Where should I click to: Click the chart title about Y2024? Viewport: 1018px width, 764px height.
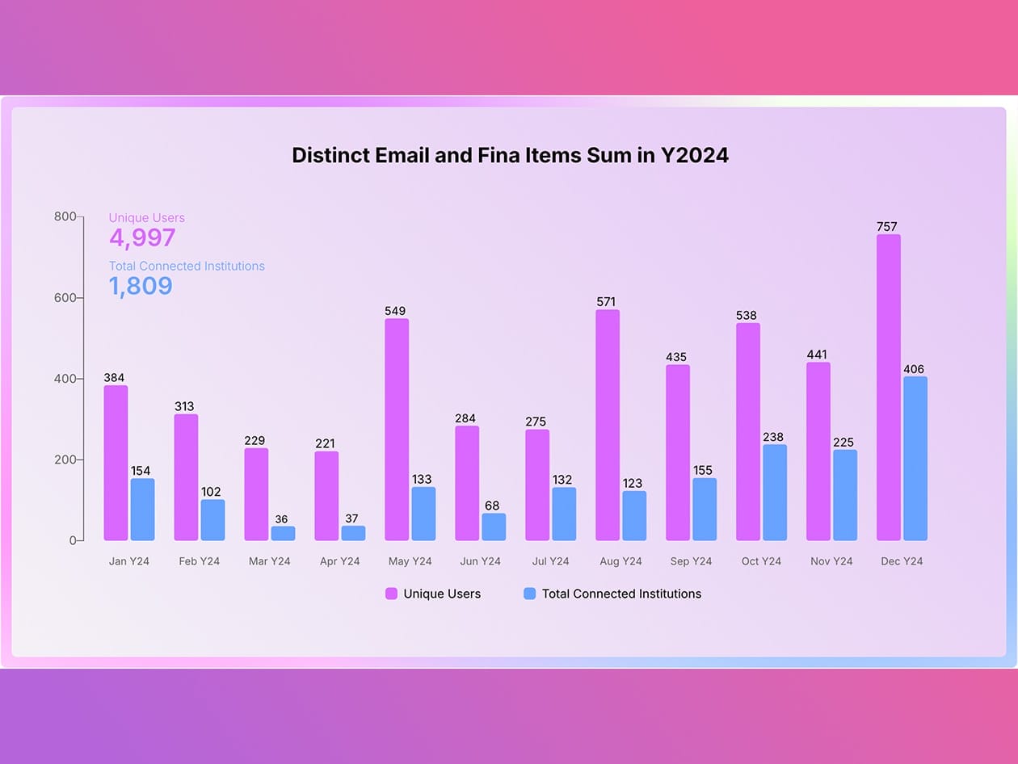510,155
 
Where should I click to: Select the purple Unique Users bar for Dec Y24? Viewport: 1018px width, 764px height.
889,388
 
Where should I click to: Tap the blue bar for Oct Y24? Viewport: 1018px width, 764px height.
775,493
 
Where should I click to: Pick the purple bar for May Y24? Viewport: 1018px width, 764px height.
397,430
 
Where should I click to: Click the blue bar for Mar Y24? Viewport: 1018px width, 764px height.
283,534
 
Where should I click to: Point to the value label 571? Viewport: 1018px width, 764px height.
606,302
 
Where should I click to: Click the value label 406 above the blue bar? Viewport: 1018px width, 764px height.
914,369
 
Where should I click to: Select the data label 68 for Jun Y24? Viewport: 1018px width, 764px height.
492,506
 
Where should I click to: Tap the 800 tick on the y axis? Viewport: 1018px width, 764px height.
65,216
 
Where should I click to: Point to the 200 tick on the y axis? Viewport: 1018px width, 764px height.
65,460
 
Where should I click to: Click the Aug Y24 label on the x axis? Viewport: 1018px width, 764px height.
621,561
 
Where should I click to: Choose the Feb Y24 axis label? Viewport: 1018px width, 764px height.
200,561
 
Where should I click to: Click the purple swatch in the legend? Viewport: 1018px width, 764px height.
392,594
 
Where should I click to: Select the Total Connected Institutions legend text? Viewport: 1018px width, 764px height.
621,594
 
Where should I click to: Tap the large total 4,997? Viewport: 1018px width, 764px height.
142,237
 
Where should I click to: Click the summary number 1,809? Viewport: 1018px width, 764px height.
141,286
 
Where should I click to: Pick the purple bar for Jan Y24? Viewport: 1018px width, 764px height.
116,464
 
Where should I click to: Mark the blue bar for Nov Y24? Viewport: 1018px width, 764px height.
845,495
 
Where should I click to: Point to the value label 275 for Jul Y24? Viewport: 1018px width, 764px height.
536,422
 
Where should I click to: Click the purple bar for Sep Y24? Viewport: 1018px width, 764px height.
678,453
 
